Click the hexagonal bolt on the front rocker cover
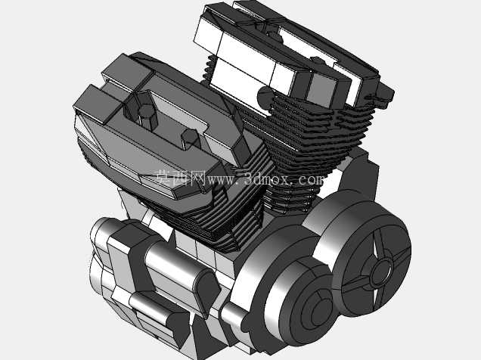click(147, 116)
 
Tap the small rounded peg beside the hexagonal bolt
click(190, 138)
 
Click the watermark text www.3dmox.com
click(265, 179)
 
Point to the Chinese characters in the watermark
click(180, 178)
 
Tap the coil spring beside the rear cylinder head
click(209, 68)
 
